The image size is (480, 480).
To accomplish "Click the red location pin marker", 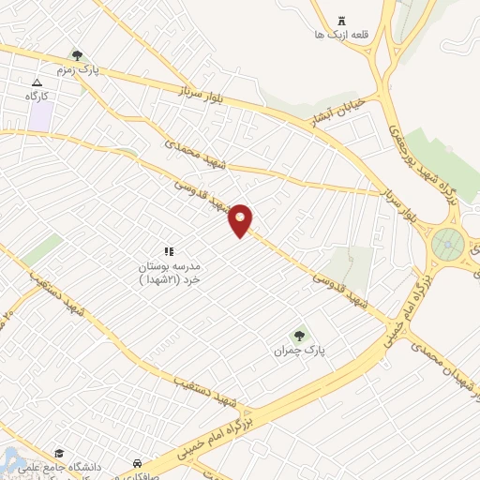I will (x=241, y=220).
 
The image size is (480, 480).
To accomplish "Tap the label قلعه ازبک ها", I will (x=341, y=35).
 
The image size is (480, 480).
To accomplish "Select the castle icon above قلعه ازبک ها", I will (x=341, y=19).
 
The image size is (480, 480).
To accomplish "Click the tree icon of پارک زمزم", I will (x=76, y=55).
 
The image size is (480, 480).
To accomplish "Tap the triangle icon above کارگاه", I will (x=37, y=82).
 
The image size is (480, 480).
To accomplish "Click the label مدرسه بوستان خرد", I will (x=169, y=272).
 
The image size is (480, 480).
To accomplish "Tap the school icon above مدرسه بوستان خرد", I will (x=170, y=250).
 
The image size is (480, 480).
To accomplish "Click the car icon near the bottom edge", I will (x=138, y=463).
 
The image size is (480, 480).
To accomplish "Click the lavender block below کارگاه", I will (x=39, y=115).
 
